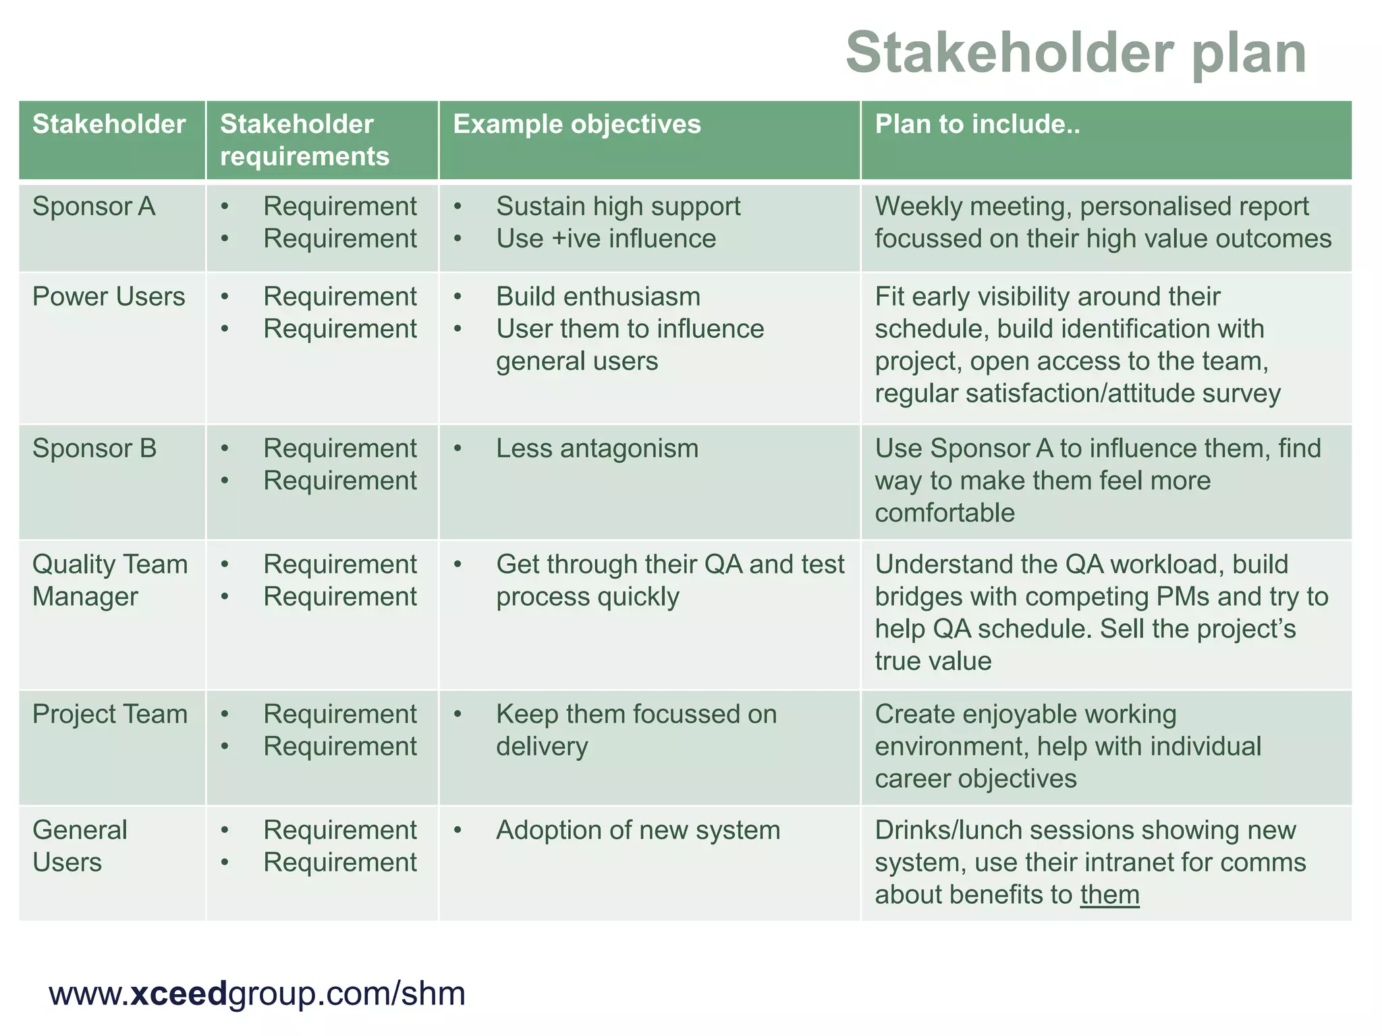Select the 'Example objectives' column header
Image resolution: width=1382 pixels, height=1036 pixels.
pos(577,125)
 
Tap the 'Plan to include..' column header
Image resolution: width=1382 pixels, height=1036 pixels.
pos(977,125)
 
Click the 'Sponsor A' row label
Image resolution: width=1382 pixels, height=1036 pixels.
pos(94,206)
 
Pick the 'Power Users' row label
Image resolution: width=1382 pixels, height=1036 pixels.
pos(109,297)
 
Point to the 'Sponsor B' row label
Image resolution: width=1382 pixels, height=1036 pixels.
pos(94,449)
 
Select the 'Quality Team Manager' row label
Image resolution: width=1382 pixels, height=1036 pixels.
pos(109,580)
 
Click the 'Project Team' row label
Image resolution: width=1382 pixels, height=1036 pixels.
pos(110,714)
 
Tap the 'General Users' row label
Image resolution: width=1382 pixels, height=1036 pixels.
pos(80,846)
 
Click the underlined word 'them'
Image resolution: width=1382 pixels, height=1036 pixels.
pos(1109,895)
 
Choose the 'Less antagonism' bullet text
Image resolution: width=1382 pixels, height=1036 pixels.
pos(597,449)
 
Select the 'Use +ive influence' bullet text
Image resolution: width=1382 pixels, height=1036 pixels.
pos(606,239)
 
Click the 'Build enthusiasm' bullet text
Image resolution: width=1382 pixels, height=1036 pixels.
pos(598,297)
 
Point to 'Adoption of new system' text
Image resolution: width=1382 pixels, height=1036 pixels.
pos(638,830)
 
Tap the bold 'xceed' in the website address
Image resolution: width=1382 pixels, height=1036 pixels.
pos(177,994)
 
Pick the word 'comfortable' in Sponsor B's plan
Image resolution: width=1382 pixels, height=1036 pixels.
pos(945,513)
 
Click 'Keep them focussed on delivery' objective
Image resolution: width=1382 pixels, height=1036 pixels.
pos(636,730)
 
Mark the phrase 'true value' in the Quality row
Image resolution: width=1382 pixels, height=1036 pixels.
pos(933,661)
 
